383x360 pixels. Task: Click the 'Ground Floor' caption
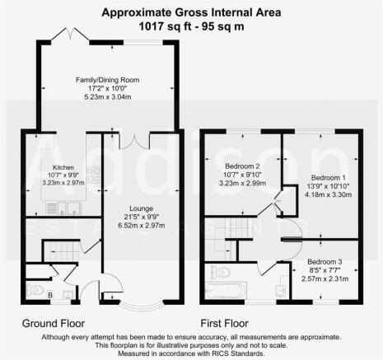(53, 322)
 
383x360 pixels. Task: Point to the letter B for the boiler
(51, 294)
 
